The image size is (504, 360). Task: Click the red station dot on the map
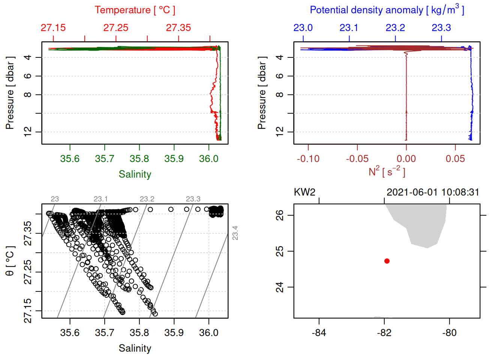click(387, 261)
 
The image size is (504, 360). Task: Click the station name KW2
click(304, 192)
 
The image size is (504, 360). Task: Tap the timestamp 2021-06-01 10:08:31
click(433, 192)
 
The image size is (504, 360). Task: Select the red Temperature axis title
click(135, 10)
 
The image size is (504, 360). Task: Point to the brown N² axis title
click(387, 171)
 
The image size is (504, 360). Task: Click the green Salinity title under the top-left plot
click(135, 174)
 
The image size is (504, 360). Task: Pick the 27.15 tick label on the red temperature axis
click(53, 28)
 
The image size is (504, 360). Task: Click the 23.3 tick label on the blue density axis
click(441, 28)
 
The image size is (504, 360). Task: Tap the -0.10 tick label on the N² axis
click(308, 159)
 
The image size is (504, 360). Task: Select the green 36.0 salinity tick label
click(208, 159)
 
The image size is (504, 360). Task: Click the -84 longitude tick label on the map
click(319, 333)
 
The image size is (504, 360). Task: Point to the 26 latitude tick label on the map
click(280, 215)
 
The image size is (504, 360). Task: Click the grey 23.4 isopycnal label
click(235, 233)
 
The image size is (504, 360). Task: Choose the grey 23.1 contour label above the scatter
click(100, 199)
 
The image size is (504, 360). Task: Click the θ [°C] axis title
click(10, 261)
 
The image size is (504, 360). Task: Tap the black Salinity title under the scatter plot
click(135, 348)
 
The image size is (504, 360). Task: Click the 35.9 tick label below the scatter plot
click(174, 333)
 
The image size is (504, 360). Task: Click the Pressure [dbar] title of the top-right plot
click(262, 93)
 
